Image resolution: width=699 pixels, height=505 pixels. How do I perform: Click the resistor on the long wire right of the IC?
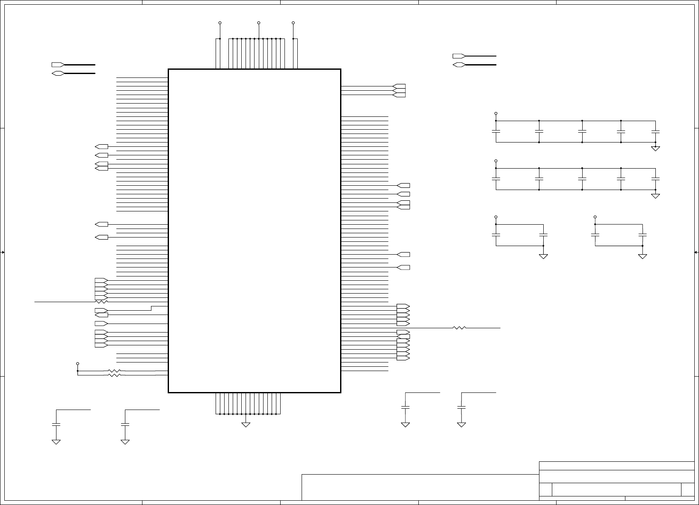pos(459,328)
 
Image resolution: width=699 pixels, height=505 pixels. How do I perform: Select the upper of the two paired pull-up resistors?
pos(114,371)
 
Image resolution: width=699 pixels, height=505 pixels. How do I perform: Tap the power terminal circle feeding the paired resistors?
pos(77,363)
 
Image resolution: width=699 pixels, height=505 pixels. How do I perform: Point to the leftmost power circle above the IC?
pos(220,22)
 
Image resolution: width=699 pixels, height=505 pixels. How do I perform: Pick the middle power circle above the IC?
pos(259,22)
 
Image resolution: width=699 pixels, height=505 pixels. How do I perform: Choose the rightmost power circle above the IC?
pos(293,22)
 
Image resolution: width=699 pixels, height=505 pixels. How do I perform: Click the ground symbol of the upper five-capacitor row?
pos(655,148)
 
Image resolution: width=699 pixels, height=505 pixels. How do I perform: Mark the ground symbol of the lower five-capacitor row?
pos(655,196)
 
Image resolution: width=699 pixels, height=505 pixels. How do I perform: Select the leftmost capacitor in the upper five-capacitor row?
pos(496,131)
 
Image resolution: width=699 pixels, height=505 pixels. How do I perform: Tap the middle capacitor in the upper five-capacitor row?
pos(582,131)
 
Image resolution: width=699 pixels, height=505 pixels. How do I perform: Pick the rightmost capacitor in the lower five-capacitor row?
pos(655,179)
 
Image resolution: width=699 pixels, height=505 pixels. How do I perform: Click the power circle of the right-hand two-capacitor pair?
pos(595,217)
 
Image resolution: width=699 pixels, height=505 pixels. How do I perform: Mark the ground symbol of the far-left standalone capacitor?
pos(56,442)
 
